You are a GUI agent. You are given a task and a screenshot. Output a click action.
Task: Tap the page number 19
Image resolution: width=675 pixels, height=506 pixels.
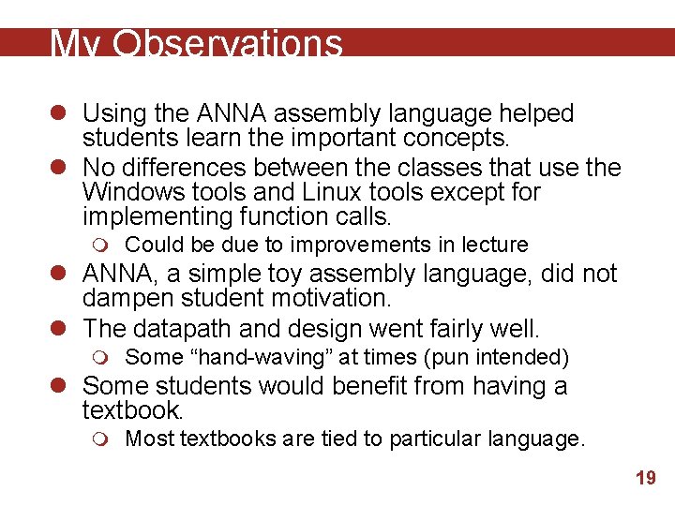(645, 479)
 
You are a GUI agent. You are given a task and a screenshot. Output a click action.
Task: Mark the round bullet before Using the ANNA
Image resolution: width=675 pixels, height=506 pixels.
(61, 114)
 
